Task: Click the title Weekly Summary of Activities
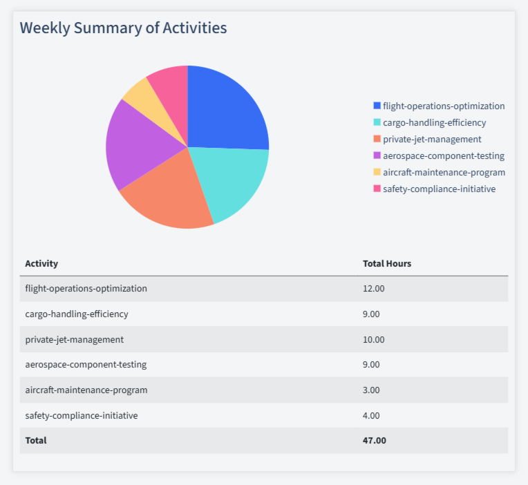(123, 28)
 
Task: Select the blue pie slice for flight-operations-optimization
(225, 111)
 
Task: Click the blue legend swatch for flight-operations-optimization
(377, 106)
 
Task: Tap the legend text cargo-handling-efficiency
(434, 122)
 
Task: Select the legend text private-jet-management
(432, 139)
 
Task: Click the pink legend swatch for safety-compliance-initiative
(377, 189)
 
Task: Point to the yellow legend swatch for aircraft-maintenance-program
(377, 172)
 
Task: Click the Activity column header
(41, 263)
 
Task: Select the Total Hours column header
(387, 263)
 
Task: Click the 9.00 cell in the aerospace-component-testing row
(371, 364)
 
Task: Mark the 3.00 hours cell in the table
(371, 390)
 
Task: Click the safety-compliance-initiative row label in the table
(82, 415)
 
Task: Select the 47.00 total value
(374, 440)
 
